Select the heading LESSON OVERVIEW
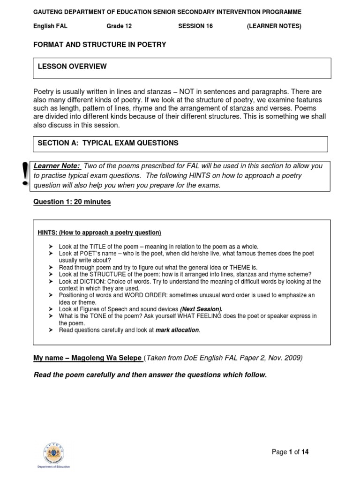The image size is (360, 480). [72, 67]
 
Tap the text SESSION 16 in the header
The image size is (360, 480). [195, 26]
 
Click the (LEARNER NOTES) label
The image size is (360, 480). [274, 26]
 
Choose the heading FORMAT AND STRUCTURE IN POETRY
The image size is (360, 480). [99, 45]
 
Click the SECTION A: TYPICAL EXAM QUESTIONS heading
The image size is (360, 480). [108, 143]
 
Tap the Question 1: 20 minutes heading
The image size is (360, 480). [72, 202]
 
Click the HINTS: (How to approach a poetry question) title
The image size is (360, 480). [99, 233]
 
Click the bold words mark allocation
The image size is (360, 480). [177, 330]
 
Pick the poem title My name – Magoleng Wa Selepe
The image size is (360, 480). [88, 358]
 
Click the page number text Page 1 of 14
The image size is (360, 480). [290, 452]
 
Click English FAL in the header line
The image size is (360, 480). [50, 26]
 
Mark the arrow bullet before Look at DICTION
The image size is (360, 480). [51, 281]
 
